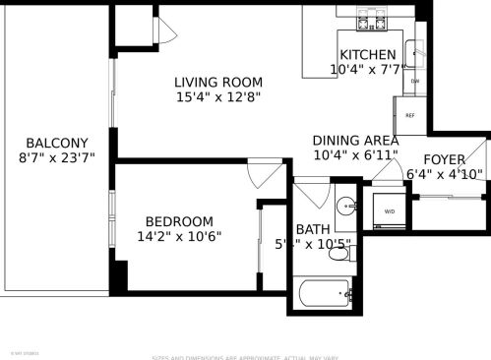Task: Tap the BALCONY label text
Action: (x=57, y=142)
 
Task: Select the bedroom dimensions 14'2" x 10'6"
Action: (x=179, y=236)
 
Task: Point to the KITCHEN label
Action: (x=367, y=55)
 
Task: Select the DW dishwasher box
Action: (x=415, y=82)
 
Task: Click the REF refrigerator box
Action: (x=410, y=115)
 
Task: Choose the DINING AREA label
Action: (x=355, y=141)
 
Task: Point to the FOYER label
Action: (x=445, y=159)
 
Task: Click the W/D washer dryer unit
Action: (x=389, y=209)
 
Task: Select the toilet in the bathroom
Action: (x=338, y=254)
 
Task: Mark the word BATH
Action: (x=313, y=229)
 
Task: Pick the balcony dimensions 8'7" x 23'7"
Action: (x=57, y=157)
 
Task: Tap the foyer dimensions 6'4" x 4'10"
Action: (x=445, y=175)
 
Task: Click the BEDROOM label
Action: (x=179, y=220)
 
